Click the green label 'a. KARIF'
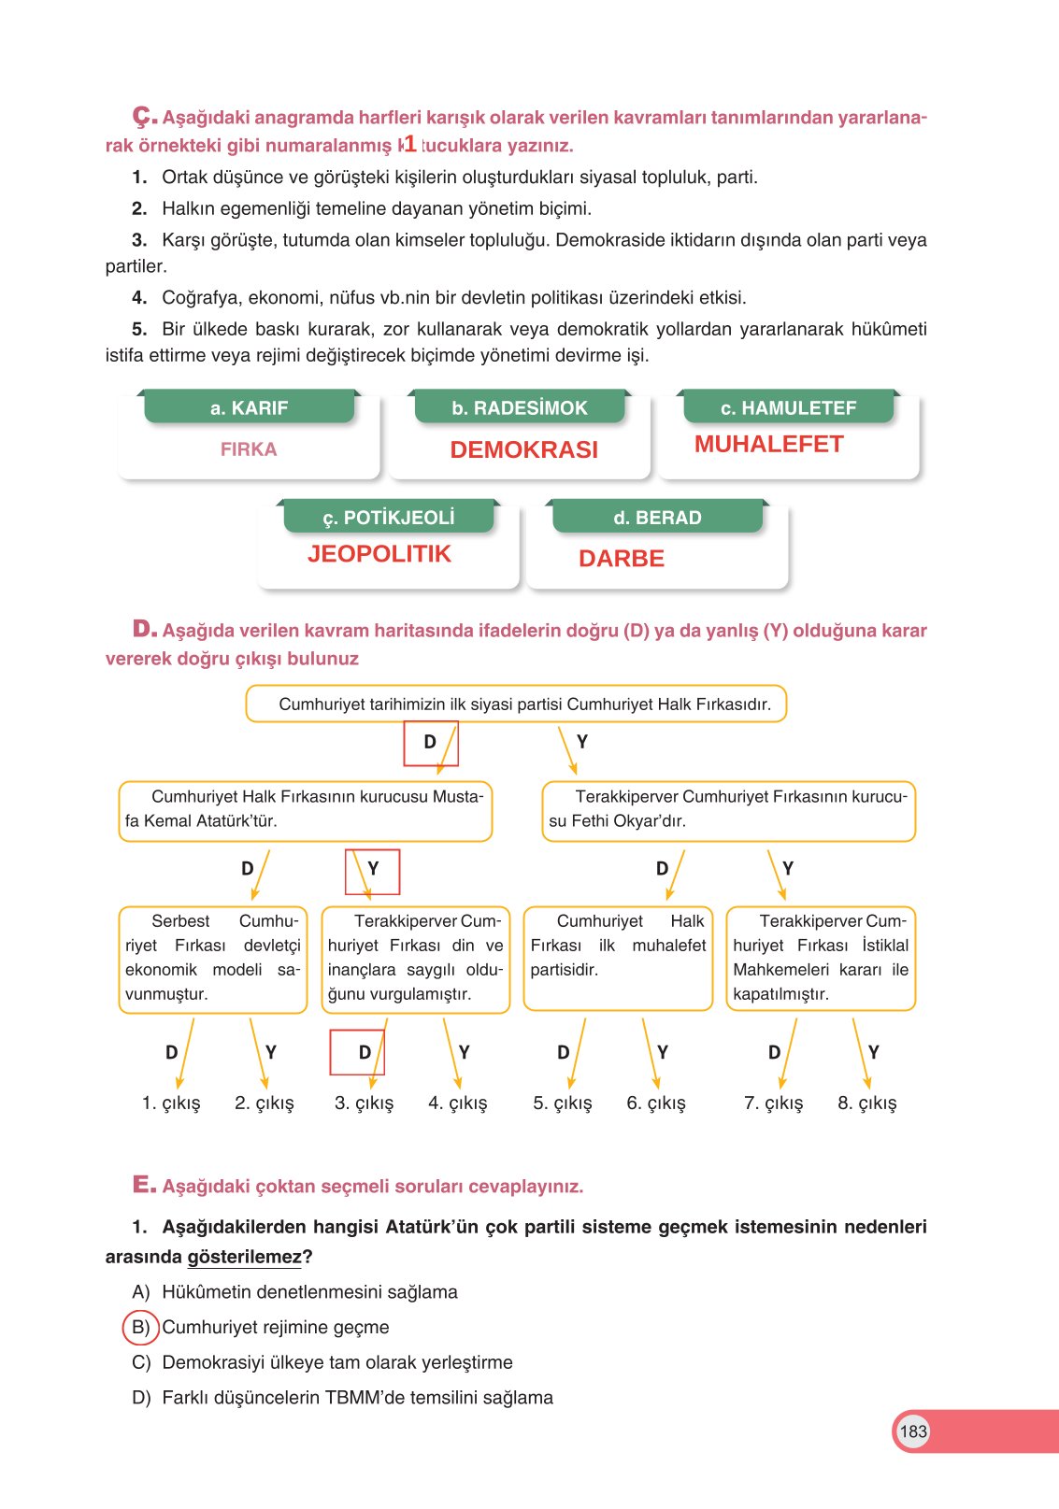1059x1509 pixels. point(249,408)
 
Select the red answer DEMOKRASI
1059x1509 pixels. point(523,449)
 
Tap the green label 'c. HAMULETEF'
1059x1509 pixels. point(788,408)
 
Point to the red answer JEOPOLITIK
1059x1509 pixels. point(379,554)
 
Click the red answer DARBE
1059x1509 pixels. point(621,559)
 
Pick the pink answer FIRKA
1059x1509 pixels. point(249,449)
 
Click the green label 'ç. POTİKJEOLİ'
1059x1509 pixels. point(389,518)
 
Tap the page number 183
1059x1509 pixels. point(912,1431)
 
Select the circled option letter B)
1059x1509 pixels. point(141,1327)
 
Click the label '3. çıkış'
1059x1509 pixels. point(364,1103)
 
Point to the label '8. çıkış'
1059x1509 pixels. point(866,1103)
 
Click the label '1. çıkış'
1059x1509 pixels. point(171,1103)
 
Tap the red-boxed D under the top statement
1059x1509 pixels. point(430,742)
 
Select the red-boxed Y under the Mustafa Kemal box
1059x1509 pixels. point(373,869)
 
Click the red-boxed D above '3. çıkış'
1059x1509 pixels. point(365,1052)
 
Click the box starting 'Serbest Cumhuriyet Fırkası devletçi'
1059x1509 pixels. point(212,958)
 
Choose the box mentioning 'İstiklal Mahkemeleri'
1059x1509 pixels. point(820,958)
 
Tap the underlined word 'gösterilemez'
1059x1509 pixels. point(245,1257)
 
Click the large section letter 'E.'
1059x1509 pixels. point(144,1185)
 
